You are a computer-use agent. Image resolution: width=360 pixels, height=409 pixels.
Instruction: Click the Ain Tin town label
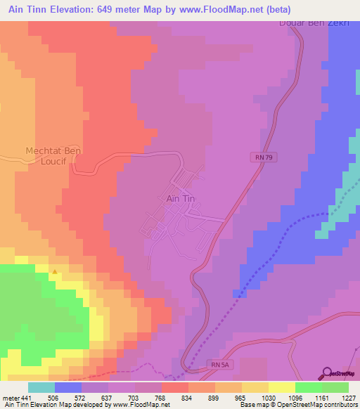pyautogui.click(x=180, y=198)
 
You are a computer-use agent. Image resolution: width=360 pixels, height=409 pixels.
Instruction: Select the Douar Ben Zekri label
pyautogui.click(x=314, y=22)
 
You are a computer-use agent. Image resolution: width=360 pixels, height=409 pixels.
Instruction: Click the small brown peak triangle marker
pyautogui.click(x=55, y=271)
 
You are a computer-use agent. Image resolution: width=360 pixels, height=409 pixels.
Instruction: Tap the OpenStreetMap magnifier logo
pyautogui.click(x=327, y=373)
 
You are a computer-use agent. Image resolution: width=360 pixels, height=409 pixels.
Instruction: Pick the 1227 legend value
pyautogui.click(x=349, y=397)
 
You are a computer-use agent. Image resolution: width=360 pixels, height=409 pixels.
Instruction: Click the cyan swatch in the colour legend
pyautogui.click(x=41, y=387)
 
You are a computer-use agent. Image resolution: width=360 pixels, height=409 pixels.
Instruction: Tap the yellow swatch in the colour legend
pyautogui.click(x=281, y=387)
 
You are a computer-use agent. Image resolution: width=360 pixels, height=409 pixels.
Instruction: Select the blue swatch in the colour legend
pyautogui.click(x=67, y=387)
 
